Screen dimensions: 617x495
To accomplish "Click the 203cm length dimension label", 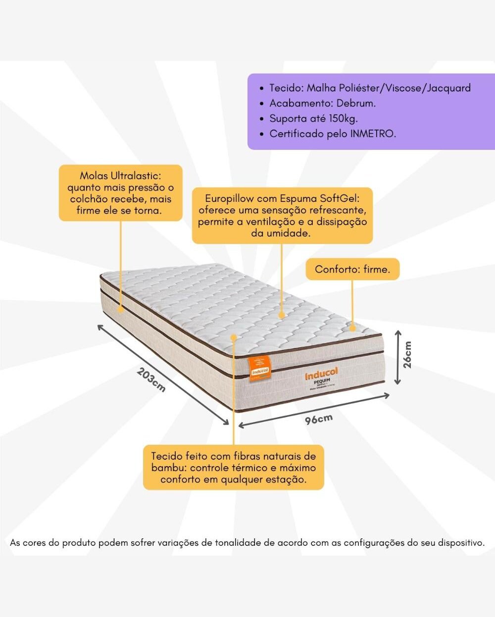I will [x=151, y=380].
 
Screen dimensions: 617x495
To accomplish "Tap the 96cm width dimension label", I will [x=318, y=419].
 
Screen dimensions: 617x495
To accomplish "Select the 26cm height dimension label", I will [x=407, y=354].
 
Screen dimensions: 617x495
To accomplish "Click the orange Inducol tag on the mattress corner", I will [x=259, y=368].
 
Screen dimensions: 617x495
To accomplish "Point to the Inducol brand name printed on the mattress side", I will [x=321, y=374].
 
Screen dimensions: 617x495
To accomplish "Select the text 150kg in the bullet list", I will [x=342, y=118].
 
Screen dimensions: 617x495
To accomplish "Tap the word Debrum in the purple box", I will [x=355, y=103].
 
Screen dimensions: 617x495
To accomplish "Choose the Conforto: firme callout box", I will [x=352, y=269].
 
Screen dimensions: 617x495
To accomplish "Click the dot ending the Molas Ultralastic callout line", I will [x=120, y=308].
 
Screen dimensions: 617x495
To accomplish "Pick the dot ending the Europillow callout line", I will [x=282, y=314].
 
